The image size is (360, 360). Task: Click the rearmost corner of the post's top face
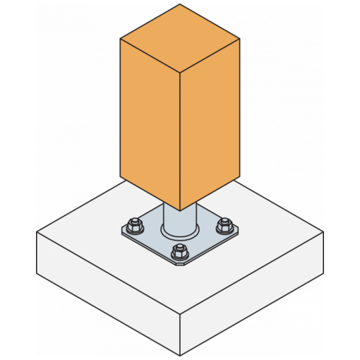[x=180, y=5]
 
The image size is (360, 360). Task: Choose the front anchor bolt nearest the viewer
[x=180, y=252]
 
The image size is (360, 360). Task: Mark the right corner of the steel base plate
[x=239, y=230]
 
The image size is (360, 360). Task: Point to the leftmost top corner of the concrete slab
[x=37, y=232]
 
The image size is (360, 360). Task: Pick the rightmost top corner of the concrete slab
[x=325, y=232]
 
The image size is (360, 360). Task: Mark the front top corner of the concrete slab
[x=180, y=315]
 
